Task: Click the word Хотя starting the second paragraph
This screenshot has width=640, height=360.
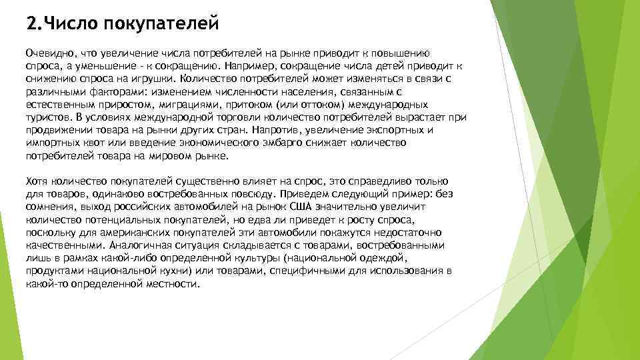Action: click(x=37, y=181)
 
